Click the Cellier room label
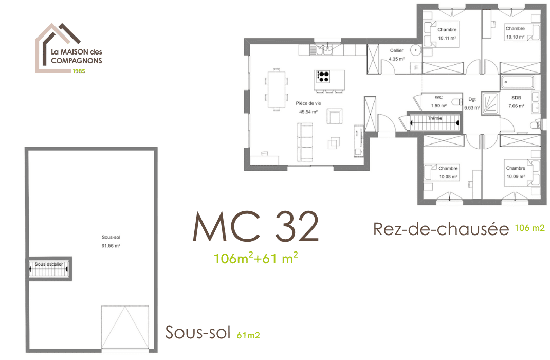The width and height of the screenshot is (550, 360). tap(396, 50)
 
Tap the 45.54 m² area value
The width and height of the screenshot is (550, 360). tap(308, 112)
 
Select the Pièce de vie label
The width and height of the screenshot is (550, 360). tap(308, 103)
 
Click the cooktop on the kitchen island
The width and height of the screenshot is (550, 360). tap(323, 77)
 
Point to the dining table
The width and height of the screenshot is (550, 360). tap(277, 89)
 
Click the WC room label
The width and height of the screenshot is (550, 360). tap(438, 98)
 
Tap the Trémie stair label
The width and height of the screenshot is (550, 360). tap(434, 118)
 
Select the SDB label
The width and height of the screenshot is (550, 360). tap(516, 98)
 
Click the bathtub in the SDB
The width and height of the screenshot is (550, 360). tap(518, 82)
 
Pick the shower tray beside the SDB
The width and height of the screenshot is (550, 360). tap(490, 103)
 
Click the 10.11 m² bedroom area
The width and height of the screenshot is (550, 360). tap(447, 38)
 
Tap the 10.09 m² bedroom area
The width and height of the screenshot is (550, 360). tap(516, 177)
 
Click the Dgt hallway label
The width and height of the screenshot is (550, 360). tap(472, 99)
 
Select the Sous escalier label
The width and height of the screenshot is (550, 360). tap(49, 264)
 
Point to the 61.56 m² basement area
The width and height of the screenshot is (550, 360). tap(111, 246)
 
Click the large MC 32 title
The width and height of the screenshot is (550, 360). tap(255, 227)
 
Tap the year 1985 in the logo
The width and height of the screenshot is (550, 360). tap(79, 71)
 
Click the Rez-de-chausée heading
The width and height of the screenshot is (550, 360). tap(441, 229)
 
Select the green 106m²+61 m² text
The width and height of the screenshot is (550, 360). tap(255, 258)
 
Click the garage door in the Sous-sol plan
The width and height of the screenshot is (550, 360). tap(125, 327)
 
